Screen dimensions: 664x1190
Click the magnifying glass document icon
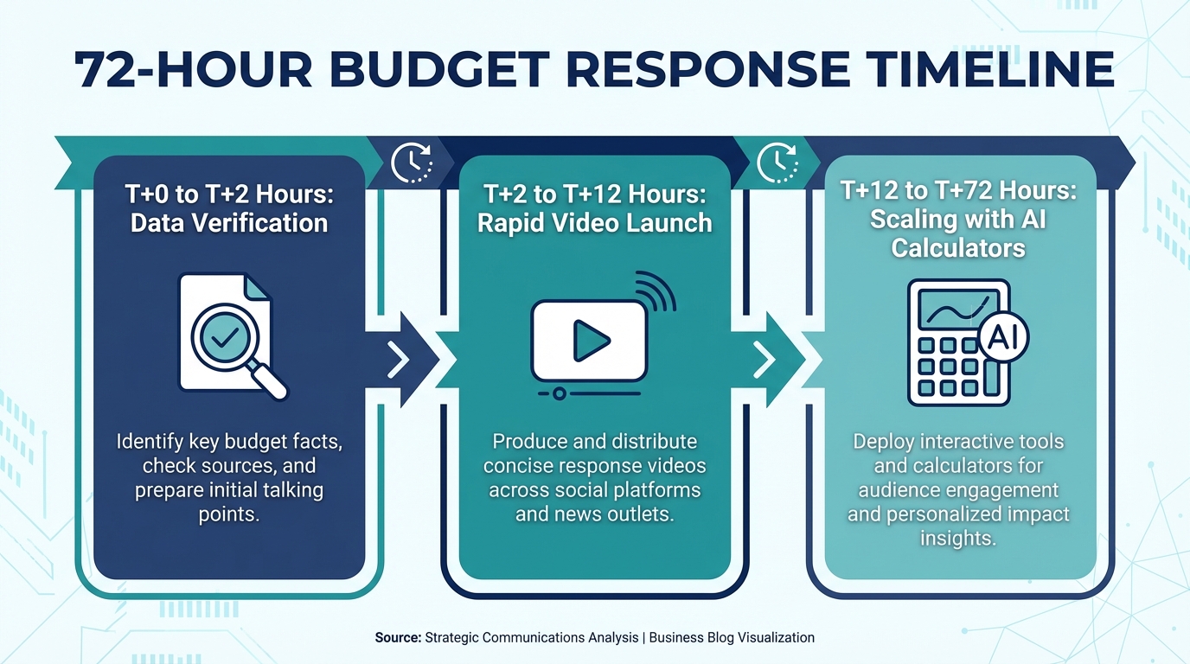point(231,335)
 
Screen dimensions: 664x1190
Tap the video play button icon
point(591,341)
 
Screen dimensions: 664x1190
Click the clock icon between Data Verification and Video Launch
point(412,163)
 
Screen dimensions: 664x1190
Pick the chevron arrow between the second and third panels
point(764,360)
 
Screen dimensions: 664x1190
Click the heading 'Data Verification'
point(229,223)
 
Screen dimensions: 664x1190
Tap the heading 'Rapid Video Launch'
point(595,223)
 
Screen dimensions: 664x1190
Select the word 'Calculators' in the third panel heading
point(958,248)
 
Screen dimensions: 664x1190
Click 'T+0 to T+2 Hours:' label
point(229,194)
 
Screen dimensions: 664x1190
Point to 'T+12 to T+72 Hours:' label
point(958,191)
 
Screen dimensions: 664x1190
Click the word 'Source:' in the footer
point(398,637)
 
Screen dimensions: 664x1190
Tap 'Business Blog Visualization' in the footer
point(732,637)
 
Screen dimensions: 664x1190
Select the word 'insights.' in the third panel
point(958,538)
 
